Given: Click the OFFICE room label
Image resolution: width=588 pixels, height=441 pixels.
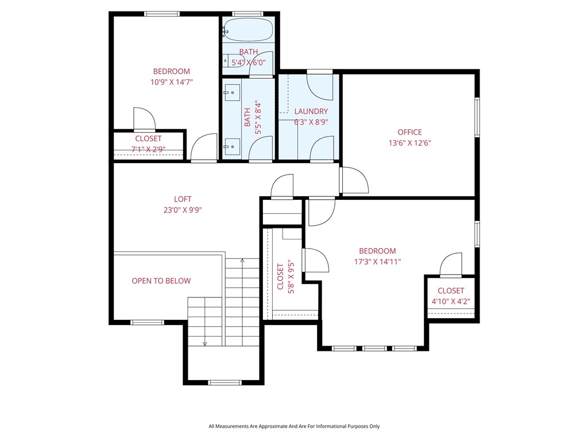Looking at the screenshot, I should [409, 132].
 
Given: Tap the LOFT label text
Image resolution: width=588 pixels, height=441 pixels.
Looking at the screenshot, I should [182, 199].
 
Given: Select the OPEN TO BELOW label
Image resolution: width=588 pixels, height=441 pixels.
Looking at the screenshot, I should [161, 281].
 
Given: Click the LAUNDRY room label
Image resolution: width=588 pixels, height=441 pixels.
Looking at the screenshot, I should [311, 111].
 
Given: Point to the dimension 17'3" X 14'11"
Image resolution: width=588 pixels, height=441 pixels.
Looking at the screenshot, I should [377, 261].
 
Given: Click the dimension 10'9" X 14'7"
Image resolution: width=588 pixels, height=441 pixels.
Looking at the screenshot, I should [171, 82].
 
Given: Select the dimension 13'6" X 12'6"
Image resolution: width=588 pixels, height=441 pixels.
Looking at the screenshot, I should [409, 143].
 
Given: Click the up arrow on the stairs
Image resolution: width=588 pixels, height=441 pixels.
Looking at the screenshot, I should [242, 261].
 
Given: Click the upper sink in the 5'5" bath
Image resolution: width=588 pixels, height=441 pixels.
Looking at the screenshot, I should [232, 91].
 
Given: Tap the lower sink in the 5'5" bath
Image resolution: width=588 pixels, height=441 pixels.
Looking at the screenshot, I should [232, 146].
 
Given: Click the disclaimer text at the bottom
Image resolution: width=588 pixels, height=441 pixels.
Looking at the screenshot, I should [293, 426].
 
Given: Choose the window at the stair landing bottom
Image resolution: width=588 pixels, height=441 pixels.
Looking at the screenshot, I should [225, 382].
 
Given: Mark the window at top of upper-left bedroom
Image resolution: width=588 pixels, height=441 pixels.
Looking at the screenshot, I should [162, 14].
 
